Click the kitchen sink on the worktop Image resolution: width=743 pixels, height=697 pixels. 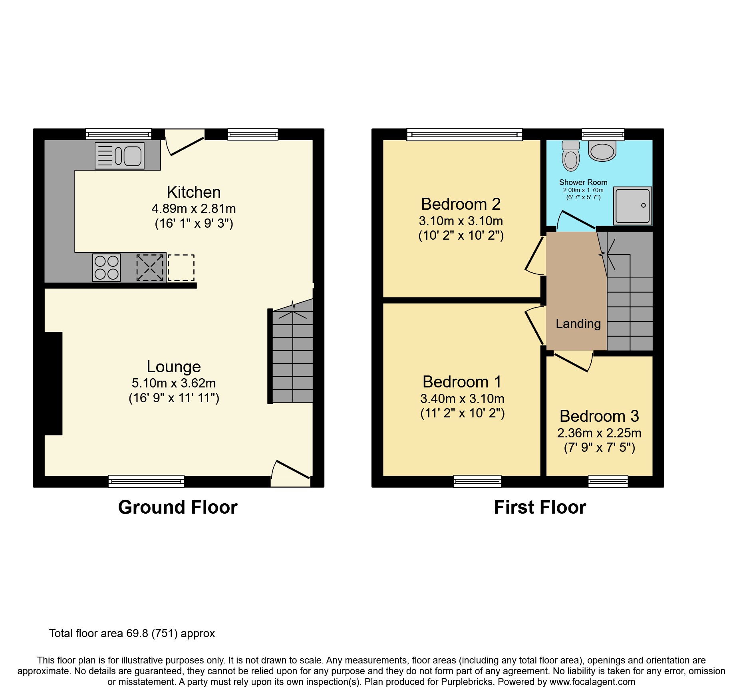point(120,156)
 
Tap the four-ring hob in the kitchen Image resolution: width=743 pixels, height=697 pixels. point(106,268)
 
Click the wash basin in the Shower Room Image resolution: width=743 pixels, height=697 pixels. point(602,152)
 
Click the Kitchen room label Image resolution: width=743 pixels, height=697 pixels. point(194,192)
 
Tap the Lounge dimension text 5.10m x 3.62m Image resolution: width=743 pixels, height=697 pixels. point(174,383)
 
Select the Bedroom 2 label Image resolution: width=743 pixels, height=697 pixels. point(461,204)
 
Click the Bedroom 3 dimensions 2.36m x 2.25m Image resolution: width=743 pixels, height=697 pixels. point(599,433)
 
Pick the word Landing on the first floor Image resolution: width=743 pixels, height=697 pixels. point(578,324)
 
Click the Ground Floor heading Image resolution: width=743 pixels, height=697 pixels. point(178,507)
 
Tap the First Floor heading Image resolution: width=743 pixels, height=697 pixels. point(540,507)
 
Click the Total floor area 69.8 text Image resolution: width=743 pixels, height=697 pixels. point(132,633)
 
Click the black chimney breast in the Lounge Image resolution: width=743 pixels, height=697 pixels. point(53,383)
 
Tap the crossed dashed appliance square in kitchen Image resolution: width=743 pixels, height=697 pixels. point(150,268)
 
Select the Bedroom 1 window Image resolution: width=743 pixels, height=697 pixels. point(477,481)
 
